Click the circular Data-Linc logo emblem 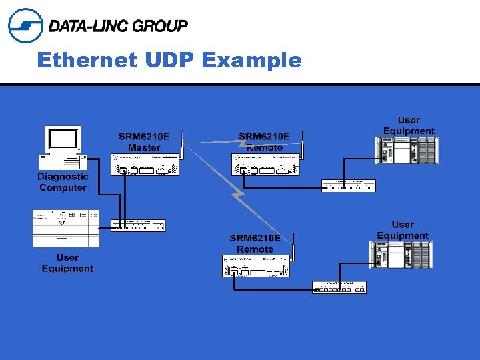coord(25,25)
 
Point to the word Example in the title coord(251,60)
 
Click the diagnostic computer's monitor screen coord(63,139)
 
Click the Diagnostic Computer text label coord(63,182)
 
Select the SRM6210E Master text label coord(144,141)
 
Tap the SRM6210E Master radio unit coord(145,165)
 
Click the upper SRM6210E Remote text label coord(265,141)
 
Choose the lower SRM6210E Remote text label coord(255,243)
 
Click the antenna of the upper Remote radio coord(303,143)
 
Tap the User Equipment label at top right coord(409,125)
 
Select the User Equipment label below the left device coord(67,263)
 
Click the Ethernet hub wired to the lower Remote coord(339,287)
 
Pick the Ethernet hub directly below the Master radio coord(138,225)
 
